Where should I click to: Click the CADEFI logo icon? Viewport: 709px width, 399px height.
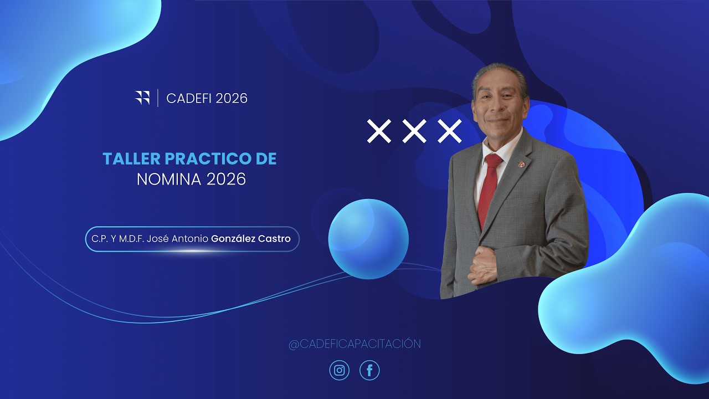point(142,98)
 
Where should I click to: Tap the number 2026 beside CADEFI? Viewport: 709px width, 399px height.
point(232,99)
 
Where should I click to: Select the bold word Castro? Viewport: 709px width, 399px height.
point(274,239)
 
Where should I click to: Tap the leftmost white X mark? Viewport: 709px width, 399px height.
point(379,131)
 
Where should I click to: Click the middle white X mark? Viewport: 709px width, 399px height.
point(414,131)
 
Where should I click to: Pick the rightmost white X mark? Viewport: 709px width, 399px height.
point(449,131)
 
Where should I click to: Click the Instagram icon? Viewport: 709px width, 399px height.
point(340,370)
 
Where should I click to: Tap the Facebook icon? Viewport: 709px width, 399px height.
point(369,370)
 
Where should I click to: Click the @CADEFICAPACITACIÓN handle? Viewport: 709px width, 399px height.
point(354,344)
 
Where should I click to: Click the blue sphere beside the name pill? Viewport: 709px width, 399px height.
point(368,239)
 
